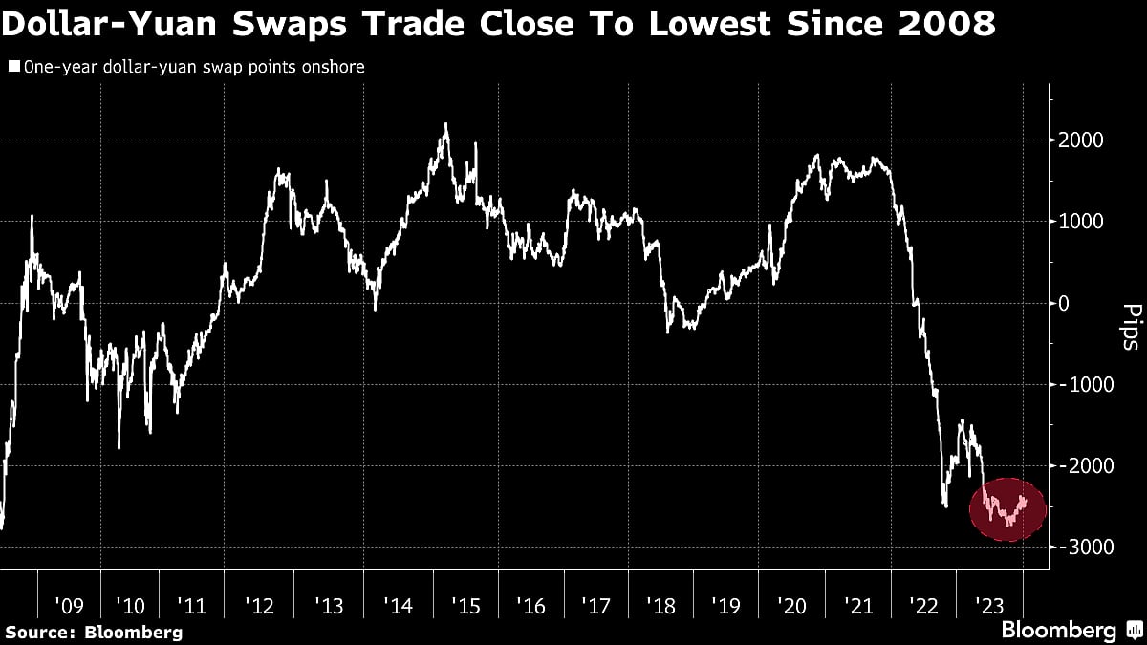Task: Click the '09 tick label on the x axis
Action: pyautogui.click(x=69, y=606)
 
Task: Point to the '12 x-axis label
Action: pyautogui.click(x=260, y=606)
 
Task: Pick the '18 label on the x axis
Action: pyautogui.click(x=661, y=606)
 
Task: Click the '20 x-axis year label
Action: pyautogui.click(x=792, y=606)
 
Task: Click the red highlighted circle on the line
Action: pyautogui.click(x=1008, y=509)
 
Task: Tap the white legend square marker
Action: pyautogui.click(x=13, y=67)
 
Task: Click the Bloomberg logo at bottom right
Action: pyautogui.click(x=1070, y=631)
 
